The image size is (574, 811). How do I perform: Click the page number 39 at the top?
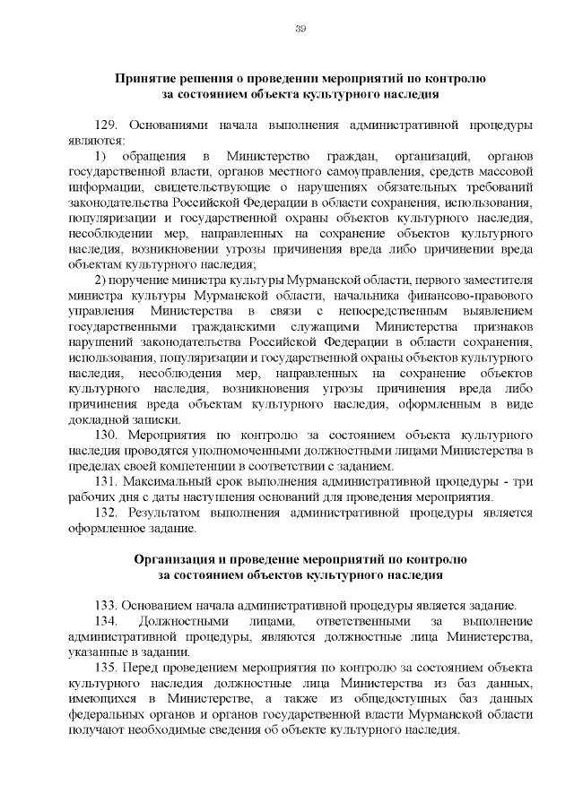click(301, 30)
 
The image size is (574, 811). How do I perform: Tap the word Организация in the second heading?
click(173, 560)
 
